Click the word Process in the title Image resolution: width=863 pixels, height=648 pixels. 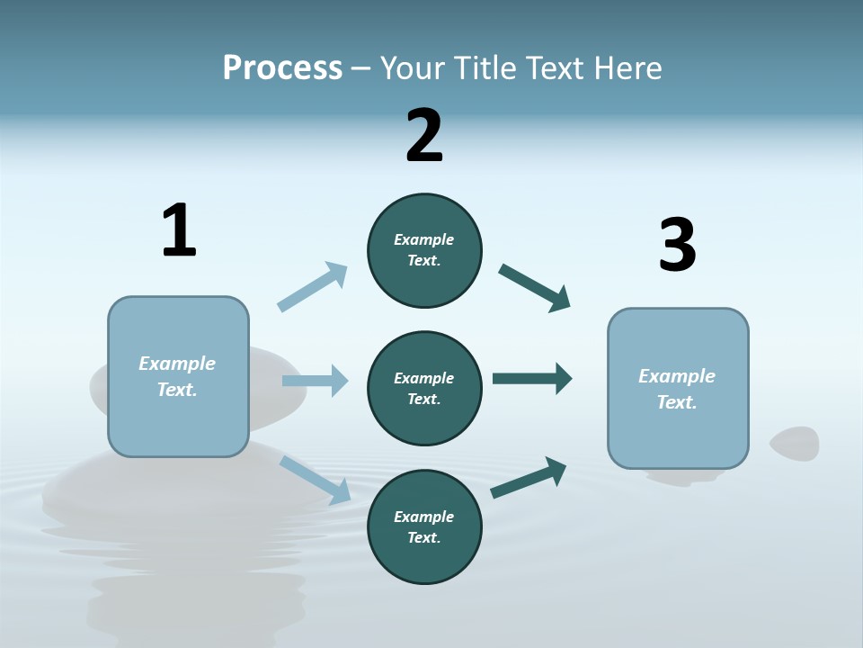[282, 68]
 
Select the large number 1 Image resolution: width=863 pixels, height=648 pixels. [179, 231]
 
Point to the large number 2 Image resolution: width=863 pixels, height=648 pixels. [424, 136]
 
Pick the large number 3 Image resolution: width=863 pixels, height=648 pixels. [677, 246]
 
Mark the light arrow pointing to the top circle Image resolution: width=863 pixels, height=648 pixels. [313, 286]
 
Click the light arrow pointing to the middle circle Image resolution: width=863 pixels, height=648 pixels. [315, 381]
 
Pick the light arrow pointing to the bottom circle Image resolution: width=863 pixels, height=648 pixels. [316, 480]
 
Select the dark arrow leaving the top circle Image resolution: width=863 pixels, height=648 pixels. [535, 287]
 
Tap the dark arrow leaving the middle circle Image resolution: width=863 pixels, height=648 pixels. [532, 379]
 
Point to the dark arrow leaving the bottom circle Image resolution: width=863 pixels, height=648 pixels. [529, 477]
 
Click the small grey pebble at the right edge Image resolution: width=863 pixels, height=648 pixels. [795, 444]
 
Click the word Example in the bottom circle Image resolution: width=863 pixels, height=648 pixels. [423, 517]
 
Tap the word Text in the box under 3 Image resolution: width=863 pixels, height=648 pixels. [675, 402]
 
